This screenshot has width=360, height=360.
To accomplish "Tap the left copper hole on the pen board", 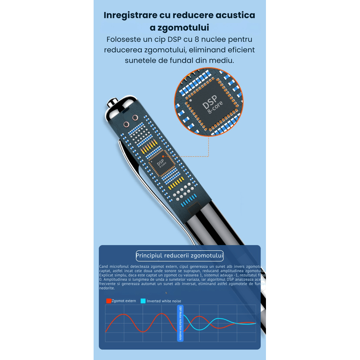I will point(126,125).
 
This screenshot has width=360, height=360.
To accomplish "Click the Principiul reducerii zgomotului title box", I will point(180,256).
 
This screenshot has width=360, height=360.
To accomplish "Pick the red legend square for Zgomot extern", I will point(108,301).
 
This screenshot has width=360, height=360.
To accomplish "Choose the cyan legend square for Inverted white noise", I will point(143,301).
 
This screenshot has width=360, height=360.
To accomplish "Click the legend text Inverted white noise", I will point(164,301).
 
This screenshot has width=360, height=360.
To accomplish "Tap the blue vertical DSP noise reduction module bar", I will point(180,323).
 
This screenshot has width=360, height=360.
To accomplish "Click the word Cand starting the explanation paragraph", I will point(103,267).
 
